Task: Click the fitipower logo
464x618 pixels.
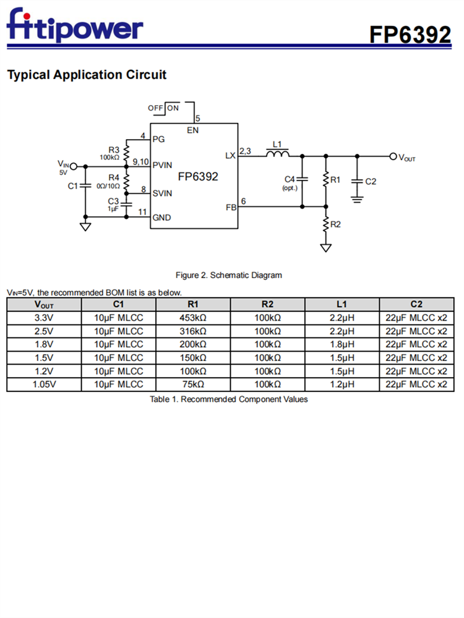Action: tap(74, 26)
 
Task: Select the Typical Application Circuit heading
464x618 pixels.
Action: tap(87, 75)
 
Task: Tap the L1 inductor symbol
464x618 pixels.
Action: tap(277, 154)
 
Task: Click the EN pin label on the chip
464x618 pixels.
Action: tap(193, 130)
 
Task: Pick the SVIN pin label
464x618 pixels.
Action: tap(162, 193)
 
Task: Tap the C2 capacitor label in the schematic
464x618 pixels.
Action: tap(371, 182)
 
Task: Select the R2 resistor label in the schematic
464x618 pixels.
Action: tap(335, 224)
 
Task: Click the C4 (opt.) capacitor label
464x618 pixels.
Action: tap(290, 182)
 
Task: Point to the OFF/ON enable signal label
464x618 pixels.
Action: tap(163, 108)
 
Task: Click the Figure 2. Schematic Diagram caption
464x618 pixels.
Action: tap(229, 275)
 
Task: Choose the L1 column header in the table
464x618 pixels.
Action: tap(342, 304)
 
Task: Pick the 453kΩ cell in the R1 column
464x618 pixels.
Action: tap(193, 318)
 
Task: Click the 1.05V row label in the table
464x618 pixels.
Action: tap(44, 384)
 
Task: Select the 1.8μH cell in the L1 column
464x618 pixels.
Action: tap(342, 344)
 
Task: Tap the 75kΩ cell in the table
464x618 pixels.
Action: tap(193, 384)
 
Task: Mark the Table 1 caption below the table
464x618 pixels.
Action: tap(229, 399)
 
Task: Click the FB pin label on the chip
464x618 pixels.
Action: tap(231, 208)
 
